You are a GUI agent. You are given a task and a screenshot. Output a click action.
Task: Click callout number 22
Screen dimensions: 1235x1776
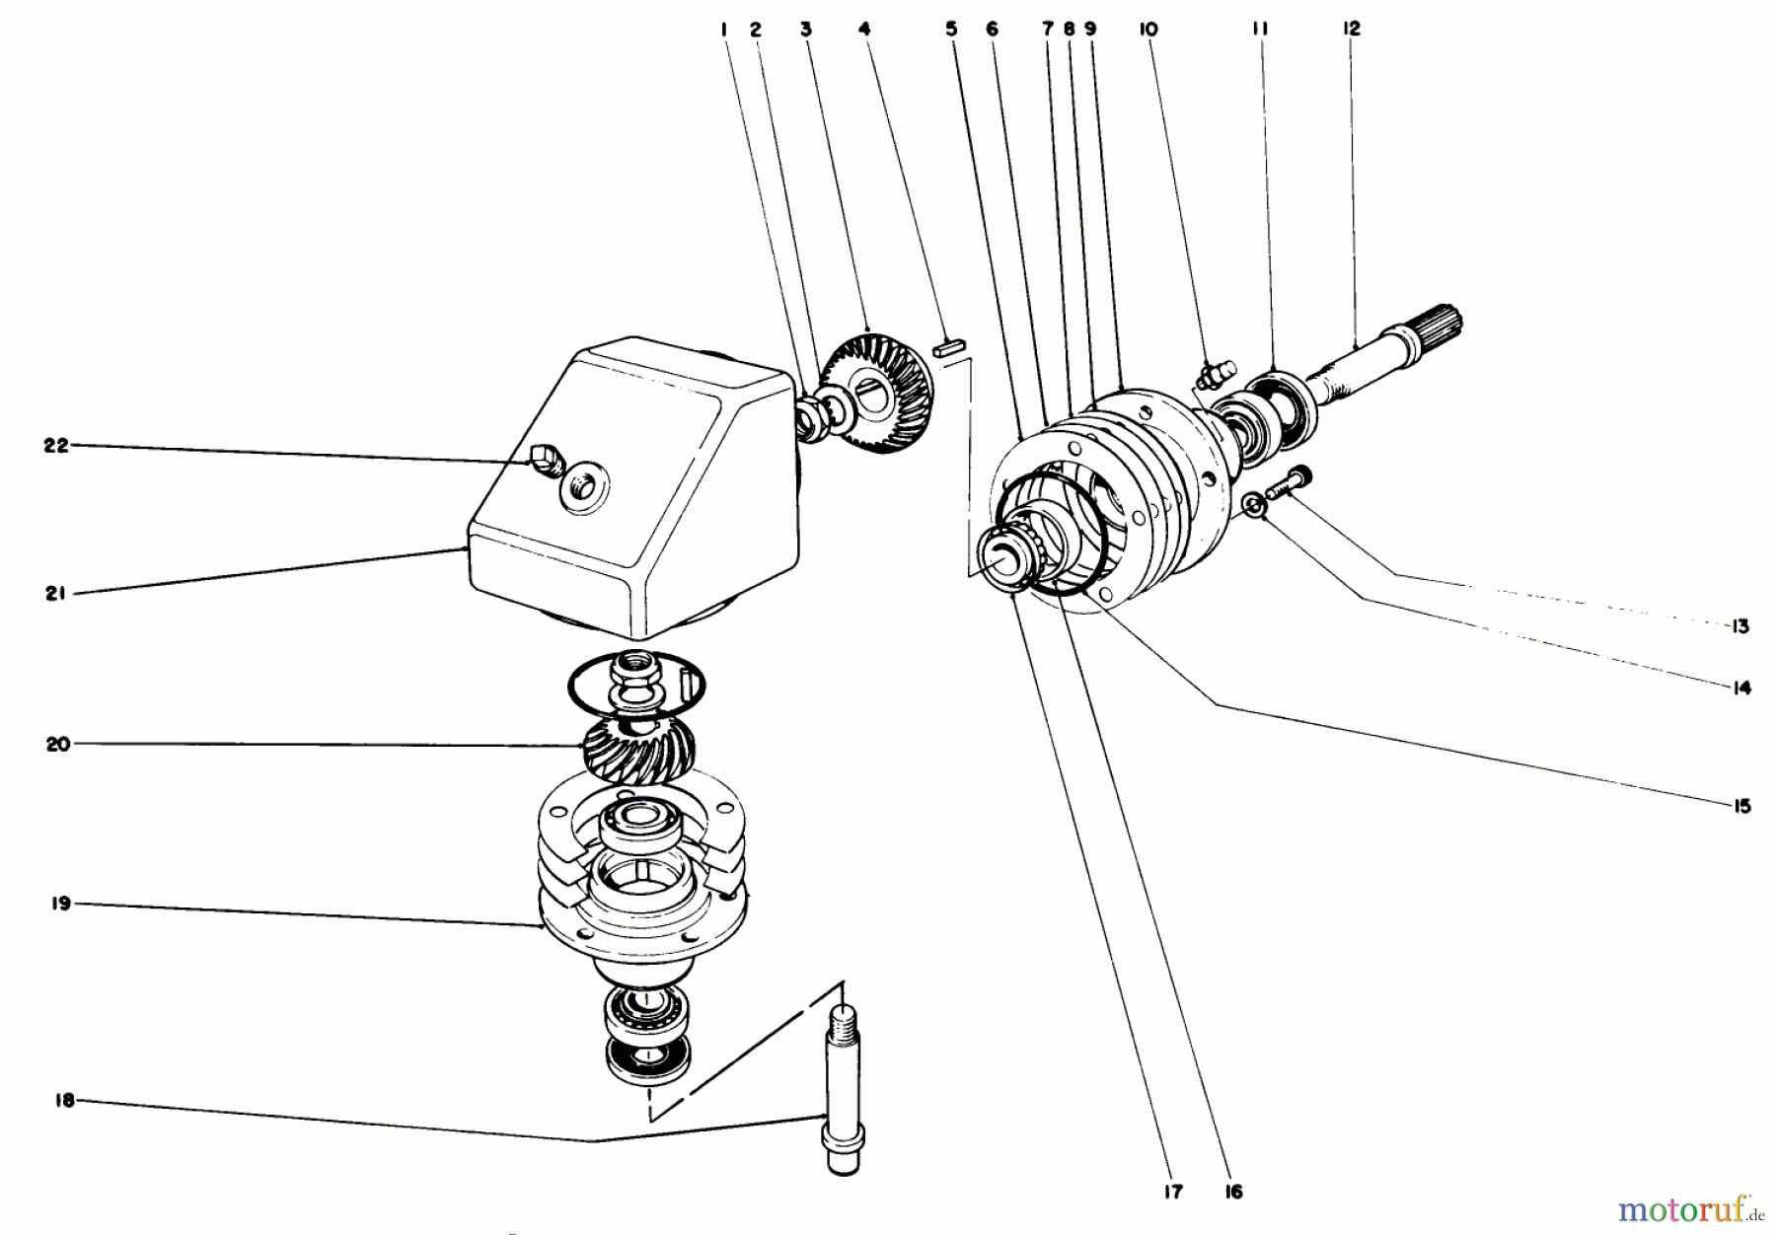point(55,445)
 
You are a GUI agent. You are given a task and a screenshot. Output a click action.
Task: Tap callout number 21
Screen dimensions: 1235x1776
point(55,594)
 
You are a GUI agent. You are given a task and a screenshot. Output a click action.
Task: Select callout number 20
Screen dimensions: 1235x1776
point(57,744)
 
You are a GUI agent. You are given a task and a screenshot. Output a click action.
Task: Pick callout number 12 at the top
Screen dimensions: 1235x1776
point(1351,30)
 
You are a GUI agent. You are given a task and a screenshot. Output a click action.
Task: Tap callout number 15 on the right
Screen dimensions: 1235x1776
point(1740,806)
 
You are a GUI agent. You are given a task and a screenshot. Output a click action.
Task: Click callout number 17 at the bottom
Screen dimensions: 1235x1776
point(1172,1192)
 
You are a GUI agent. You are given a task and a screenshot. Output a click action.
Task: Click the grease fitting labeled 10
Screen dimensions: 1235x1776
point(1214,375)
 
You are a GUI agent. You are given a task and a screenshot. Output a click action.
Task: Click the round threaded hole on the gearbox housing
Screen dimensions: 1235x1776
point(584,486)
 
